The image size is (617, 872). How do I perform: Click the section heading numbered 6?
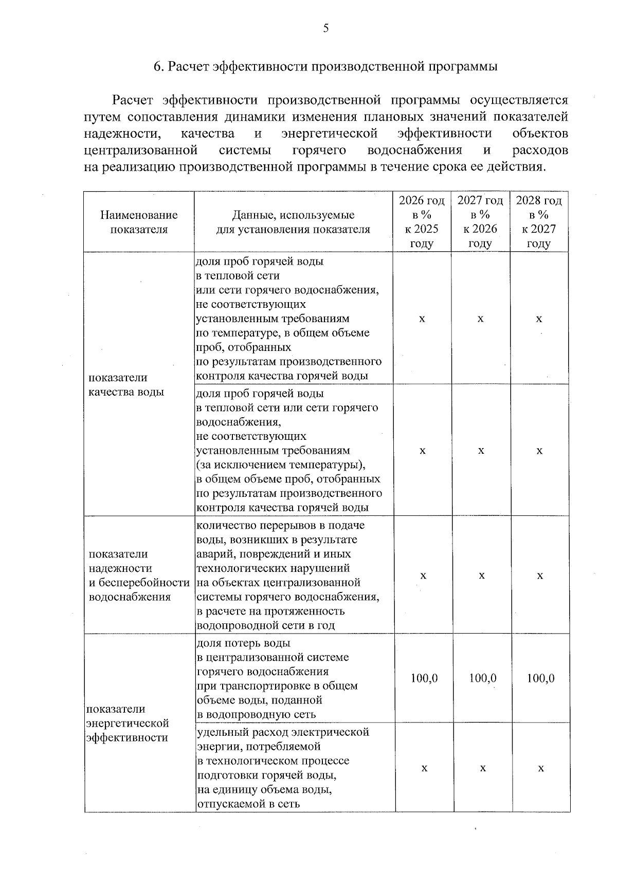coord(326,67)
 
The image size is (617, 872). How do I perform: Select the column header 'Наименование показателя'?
coord(139,222)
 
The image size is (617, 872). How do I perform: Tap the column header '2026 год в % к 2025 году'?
coord(422,222)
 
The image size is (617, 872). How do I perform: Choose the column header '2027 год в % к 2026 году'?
coord(480,222)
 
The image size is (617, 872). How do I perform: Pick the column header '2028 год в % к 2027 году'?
coord(539,222)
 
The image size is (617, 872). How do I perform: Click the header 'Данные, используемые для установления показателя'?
coord(293,222)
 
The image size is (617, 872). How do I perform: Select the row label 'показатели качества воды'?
coord(126,384)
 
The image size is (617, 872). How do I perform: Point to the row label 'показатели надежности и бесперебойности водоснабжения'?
coord(138,575)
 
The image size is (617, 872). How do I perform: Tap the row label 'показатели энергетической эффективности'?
coord(128,723)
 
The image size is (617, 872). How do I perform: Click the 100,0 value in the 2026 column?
coord(424,678)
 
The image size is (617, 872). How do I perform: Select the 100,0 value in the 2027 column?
coord(482,678)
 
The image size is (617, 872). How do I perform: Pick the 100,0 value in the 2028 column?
coord(540,678)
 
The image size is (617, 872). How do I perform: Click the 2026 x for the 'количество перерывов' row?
coord(423,576)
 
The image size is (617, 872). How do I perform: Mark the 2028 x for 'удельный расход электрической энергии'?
coord(541,768)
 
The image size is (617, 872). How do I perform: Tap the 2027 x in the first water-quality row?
coord(480,319)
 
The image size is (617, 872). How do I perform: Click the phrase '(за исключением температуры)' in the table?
coord(281,465)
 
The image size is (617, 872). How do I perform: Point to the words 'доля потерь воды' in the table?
coord(243,643)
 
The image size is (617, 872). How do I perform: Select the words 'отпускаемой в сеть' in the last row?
coord(248,804)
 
